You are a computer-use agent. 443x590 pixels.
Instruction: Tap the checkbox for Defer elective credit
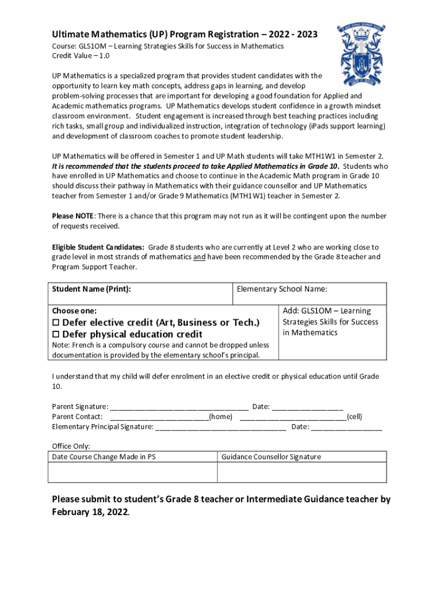56,323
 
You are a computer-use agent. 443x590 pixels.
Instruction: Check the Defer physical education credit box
56,335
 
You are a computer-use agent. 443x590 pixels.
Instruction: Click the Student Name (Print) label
91,289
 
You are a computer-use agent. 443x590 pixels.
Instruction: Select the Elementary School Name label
282,289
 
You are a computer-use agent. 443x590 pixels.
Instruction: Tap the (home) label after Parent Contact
221,417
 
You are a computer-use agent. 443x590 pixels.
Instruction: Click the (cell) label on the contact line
354,417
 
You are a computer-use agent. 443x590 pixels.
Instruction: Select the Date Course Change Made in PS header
104,457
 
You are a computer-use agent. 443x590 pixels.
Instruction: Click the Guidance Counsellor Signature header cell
271,457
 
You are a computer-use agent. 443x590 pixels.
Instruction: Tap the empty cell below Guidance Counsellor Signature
301,472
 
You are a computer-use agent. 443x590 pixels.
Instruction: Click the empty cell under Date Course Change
132,472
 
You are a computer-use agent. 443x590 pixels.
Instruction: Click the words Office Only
71,447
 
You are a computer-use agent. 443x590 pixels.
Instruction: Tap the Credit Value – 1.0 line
81,56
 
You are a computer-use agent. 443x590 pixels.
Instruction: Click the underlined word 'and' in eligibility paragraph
199,257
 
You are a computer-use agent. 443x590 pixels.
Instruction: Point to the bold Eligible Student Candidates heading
98,247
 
